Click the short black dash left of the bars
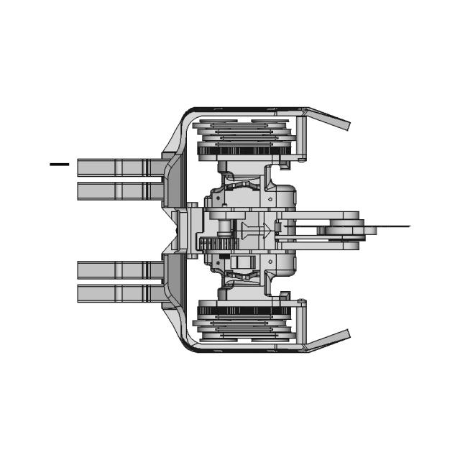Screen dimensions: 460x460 [59, 164]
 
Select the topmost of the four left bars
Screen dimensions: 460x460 [115, 167]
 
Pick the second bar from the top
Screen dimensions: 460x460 [115, 191]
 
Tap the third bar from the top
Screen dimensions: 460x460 [115, 270]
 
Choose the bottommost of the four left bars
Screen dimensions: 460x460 [115, 293]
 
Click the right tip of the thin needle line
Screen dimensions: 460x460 [408, 226]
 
